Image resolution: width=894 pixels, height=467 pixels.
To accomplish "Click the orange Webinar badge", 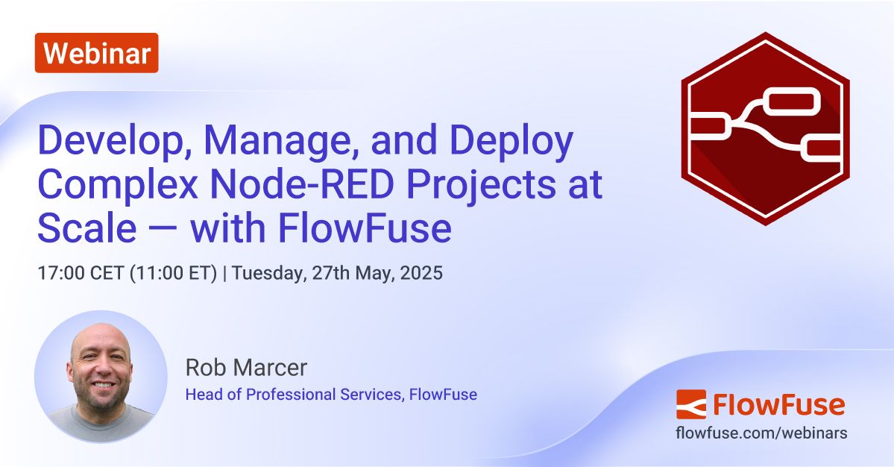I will click(96, 53).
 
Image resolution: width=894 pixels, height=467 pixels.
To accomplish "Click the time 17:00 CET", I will click(81, 273).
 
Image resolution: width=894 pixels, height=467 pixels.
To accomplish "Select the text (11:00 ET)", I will click(174, 273).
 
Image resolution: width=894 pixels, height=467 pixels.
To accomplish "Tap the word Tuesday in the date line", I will click(265, 273).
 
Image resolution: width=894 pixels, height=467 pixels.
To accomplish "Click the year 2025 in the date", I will click(421, 273).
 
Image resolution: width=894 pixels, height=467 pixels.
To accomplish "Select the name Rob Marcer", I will click(246, 368).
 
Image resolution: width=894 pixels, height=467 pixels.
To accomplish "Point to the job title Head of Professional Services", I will click(295, 393).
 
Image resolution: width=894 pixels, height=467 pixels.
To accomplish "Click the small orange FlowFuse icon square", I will click(690, 405).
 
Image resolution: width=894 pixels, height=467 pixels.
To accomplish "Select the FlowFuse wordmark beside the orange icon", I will click(778, 405).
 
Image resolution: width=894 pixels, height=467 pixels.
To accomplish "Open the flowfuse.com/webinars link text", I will click(761, 433).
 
